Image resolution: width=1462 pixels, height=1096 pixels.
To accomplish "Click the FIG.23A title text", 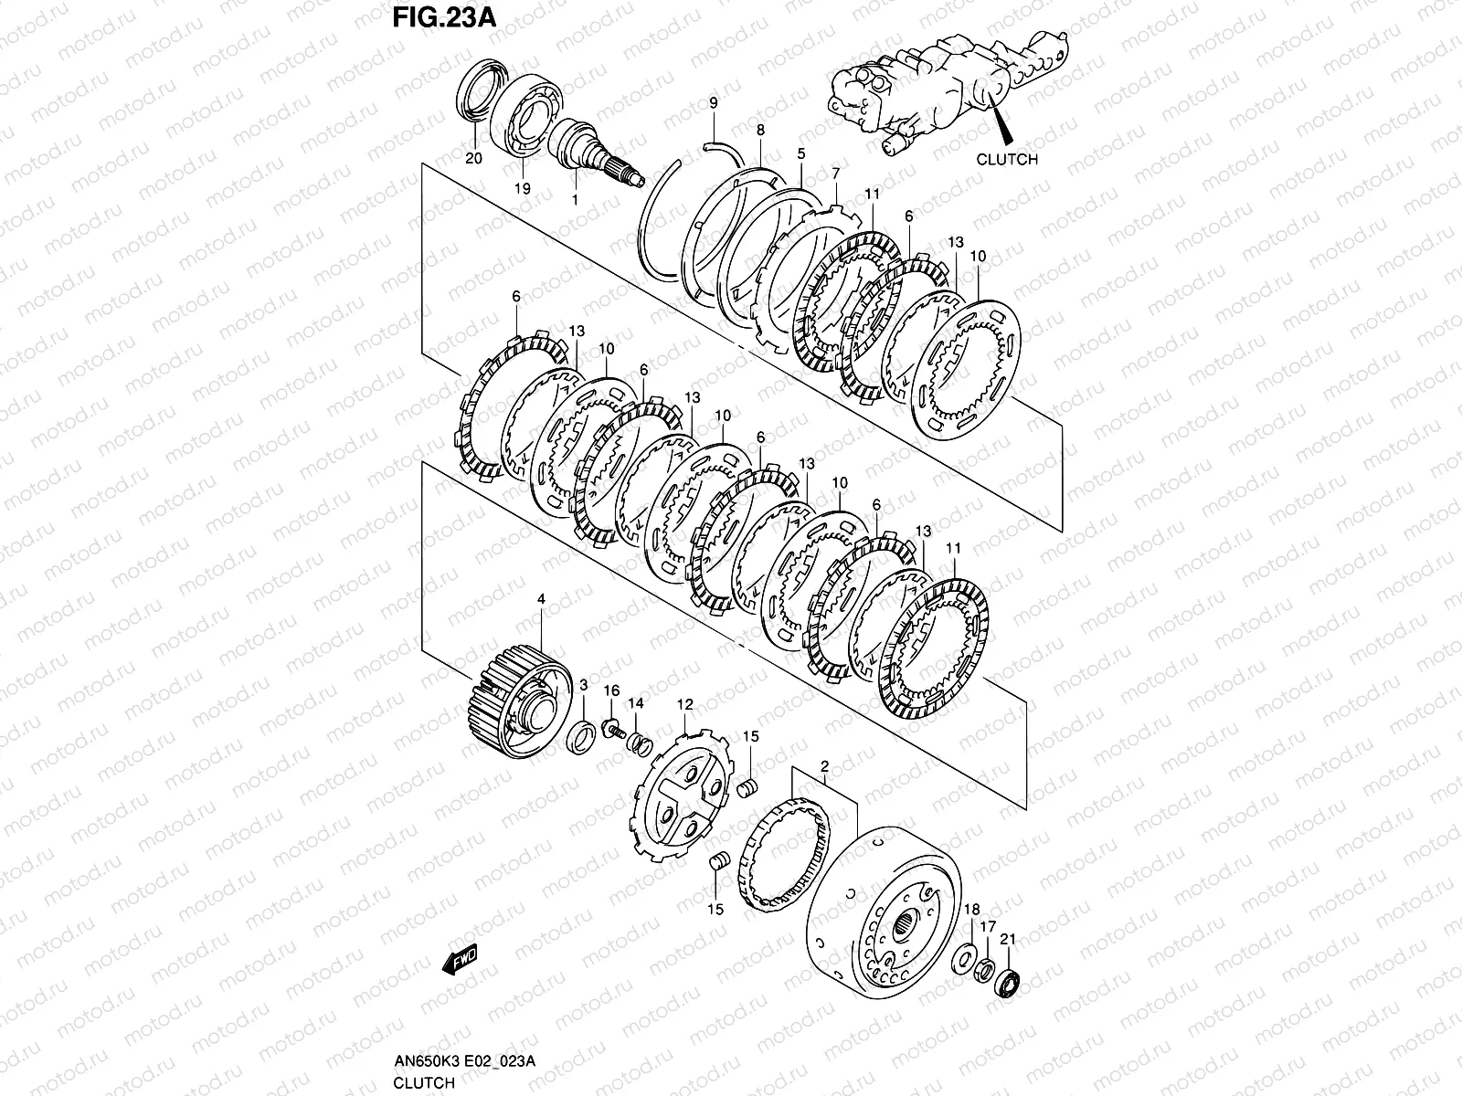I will (x=444, y=18).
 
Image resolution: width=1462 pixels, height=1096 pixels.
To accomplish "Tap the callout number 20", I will (x=472, y=158).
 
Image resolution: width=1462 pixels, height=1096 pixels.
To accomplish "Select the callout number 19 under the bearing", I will (x=521, y=188).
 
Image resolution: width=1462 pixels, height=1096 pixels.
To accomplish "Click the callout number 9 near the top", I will (x=714, y=103).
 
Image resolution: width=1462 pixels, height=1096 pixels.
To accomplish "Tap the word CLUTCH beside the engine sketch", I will (x=1007, y=159).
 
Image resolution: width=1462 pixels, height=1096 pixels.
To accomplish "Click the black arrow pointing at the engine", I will (x=1002, y=126).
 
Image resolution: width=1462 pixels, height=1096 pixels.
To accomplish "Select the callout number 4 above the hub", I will (x=541, y=598).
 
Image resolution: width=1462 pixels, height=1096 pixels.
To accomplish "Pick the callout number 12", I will (x=684, y=704).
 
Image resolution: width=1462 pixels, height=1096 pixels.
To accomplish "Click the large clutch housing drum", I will (x=882, y=909).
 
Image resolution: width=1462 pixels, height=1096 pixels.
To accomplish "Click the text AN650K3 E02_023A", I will (x=464, y=1060).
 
